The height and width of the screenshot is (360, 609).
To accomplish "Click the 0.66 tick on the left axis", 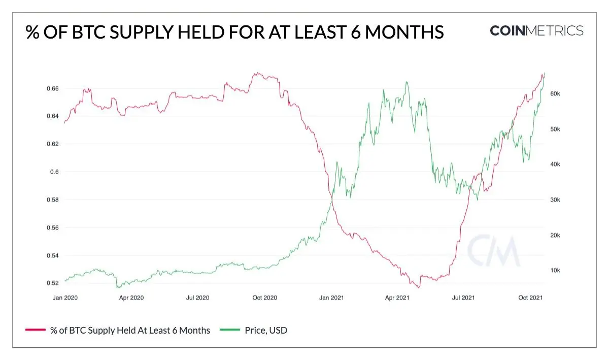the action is click(x=53, y=88).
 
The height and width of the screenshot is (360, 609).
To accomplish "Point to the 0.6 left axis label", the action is click(x=54, y=172).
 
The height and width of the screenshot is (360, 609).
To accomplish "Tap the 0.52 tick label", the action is click(x=53, y=283).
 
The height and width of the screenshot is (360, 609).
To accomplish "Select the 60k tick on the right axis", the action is click(x=555, y=93).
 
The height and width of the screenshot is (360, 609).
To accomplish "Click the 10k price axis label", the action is click(x=555, y=270).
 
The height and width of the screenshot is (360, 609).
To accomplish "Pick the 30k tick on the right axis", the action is click(x=555, y=200).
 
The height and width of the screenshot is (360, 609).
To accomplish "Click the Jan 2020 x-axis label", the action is click(x=65, y=298).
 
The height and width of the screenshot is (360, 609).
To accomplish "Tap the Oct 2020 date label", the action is click(x=264, y=298).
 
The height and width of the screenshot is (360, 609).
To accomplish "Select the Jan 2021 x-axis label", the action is click(x=331, y=298).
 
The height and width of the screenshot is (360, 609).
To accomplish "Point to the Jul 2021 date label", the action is click(x=463, y=298).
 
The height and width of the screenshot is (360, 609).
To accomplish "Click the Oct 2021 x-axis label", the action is click(x=530, y=298).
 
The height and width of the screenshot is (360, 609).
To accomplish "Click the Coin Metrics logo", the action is click(x=536, y=30).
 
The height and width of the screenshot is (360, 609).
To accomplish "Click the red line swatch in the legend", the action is click(x=36, y=330).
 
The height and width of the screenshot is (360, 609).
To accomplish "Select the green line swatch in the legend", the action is click(x=230, y=330).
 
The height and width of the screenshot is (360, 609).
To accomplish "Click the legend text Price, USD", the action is click(x=266, y=331).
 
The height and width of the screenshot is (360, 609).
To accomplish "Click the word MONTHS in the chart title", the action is click(x=404, y=32).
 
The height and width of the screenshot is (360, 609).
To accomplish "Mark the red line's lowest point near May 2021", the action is click(x=419, y=287).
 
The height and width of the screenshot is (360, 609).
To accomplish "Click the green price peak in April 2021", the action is click(x=407, y=82).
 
